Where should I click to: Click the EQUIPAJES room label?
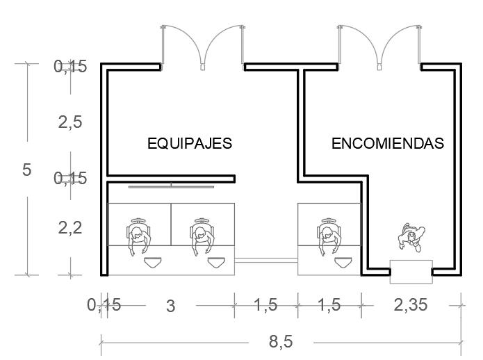(189, 144)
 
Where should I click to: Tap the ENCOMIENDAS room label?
(387, 144)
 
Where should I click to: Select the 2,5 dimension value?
(70, 122)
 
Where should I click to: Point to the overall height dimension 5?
(26, 170)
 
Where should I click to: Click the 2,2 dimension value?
(70, 227)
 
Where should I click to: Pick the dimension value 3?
(171, 306)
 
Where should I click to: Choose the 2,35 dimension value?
(411, 304)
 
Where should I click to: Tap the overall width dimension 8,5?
(281, 342)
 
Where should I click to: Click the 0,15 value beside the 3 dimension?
(104, 304)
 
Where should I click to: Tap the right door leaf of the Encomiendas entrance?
(400, 45)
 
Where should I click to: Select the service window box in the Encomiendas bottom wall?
(411, 271)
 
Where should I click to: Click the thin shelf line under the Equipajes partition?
(171, 186)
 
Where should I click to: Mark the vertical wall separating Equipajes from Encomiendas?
(301, 122)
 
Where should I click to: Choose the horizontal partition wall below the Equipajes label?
(171, 179)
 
